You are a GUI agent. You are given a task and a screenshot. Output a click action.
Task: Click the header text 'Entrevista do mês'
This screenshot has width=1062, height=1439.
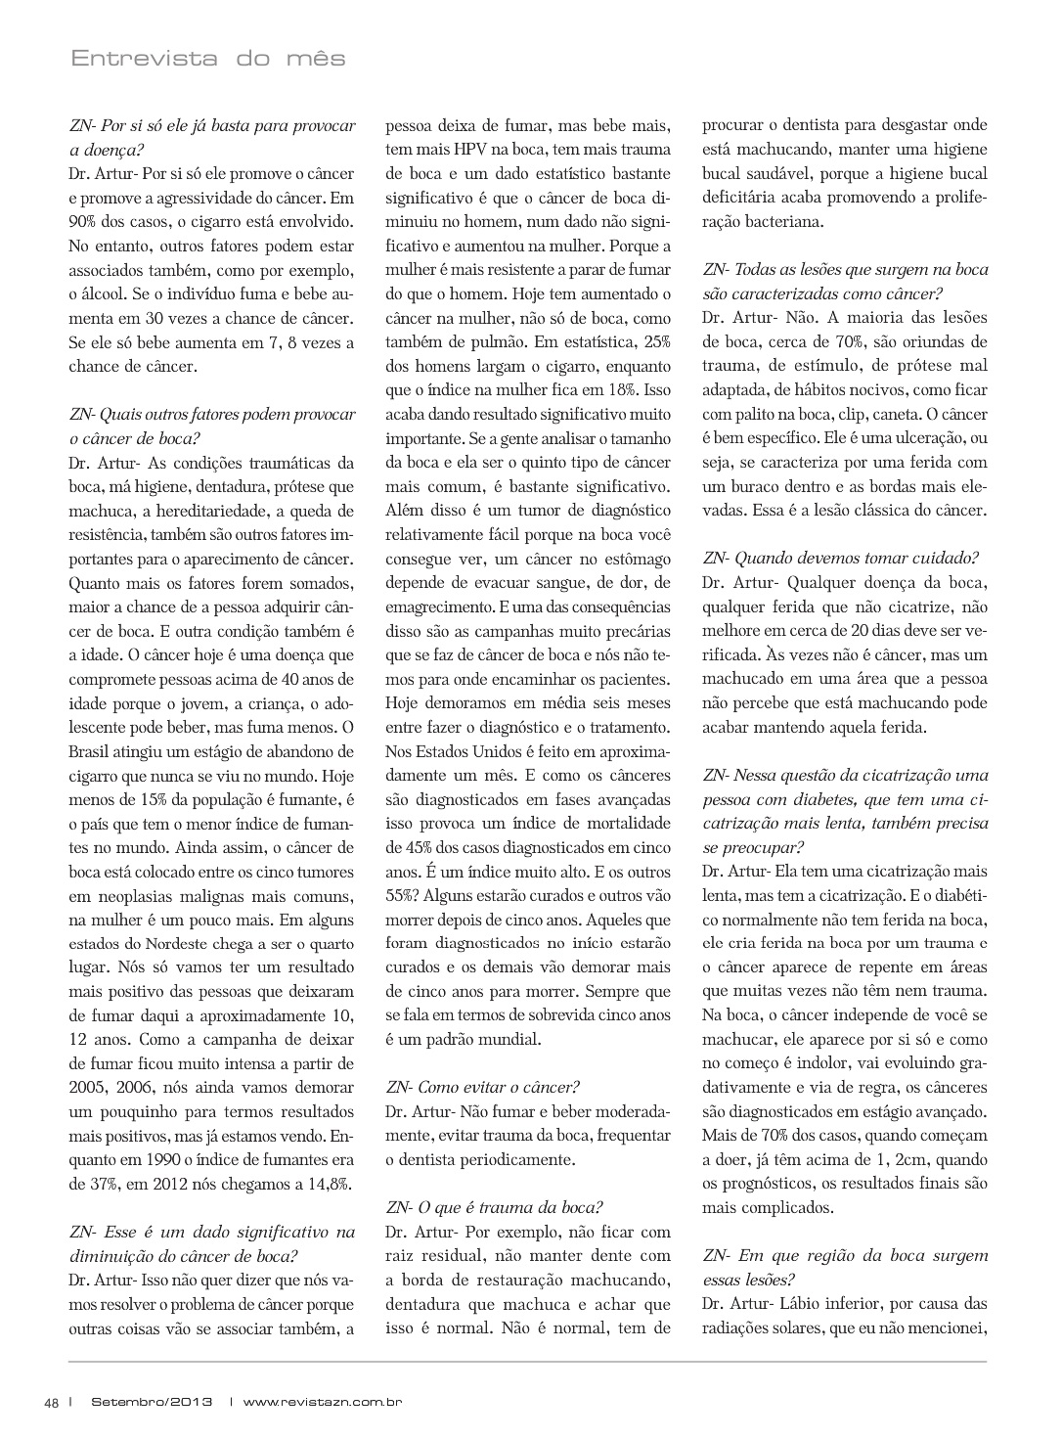208,59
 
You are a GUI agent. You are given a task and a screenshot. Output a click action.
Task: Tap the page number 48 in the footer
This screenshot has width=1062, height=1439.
52,1401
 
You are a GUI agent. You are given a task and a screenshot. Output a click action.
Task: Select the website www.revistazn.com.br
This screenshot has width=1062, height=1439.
324,1401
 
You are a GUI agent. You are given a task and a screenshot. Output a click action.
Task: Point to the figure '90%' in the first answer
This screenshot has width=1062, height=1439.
84,222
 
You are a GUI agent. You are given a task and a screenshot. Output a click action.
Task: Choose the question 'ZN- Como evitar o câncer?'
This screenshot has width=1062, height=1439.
483,1087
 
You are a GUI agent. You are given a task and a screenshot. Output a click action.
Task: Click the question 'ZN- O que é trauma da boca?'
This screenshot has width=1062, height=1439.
495,1207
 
